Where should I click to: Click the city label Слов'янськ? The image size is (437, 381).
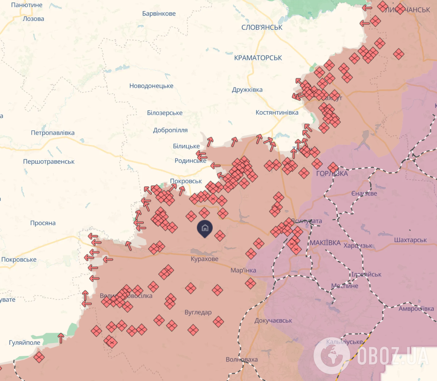coord(262,27)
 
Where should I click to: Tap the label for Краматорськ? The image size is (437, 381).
coord(258,58)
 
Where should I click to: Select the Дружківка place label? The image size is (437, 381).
coord(247,90)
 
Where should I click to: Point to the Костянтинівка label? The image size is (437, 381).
coord(277,113)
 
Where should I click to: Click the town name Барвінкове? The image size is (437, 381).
coord(159,14)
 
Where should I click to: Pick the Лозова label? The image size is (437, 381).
coord(33,19)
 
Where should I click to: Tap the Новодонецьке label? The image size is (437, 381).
coord(151,86)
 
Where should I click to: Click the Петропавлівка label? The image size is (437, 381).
coord(52,133)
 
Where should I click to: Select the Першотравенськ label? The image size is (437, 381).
coord(49,162)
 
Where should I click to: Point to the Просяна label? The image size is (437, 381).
coord(43,223)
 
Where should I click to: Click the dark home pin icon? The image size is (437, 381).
coord(205,228)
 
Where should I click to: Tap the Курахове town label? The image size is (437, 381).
coord(204,259)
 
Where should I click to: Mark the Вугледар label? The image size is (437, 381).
coord(198,312)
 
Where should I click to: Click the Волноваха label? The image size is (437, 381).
coord(242,360)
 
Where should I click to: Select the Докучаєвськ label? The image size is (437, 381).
coord(273,320)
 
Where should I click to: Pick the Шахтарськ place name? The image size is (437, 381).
coord(411,240)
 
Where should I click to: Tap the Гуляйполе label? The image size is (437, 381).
coord(25,343)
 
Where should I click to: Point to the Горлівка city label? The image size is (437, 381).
coord(332,174)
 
